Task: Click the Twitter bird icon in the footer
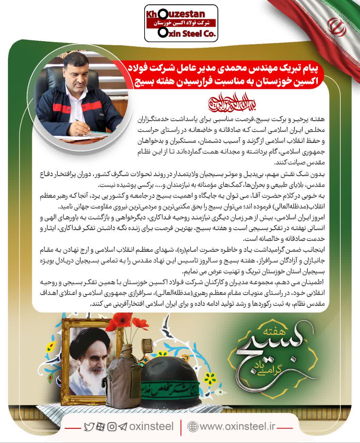click(x=89, y=427)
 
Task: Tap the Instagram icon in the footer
click(x=112, y=427)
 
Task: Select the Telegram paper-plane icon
click(x=122, y=427)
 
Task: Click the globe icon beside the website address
click(x=192, y=426)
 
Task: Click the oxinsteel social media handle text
click(x=151, y=426)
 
